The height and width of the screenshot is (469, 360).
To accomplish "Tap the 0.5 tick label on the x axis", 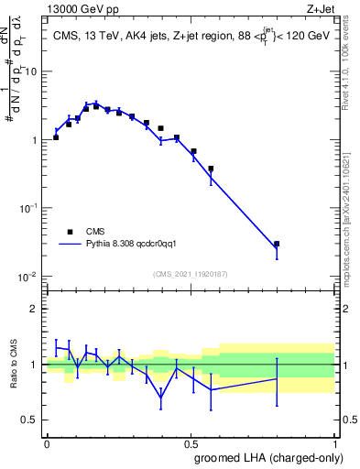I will point(191,443).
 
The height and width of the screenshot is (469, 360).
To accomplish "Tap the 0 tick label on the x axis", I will point(47,443).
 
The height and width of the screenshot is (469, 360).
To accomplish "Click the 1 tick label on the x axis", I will point(334,443).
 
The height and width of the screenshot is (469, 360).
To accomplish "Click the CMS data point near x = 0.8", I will point(277,244).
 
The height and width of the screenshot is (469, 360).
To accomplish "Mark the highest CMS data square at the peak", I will point(95,106).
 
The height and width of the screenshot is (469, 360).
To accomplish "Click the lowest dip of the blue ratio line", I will point(161,398).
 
